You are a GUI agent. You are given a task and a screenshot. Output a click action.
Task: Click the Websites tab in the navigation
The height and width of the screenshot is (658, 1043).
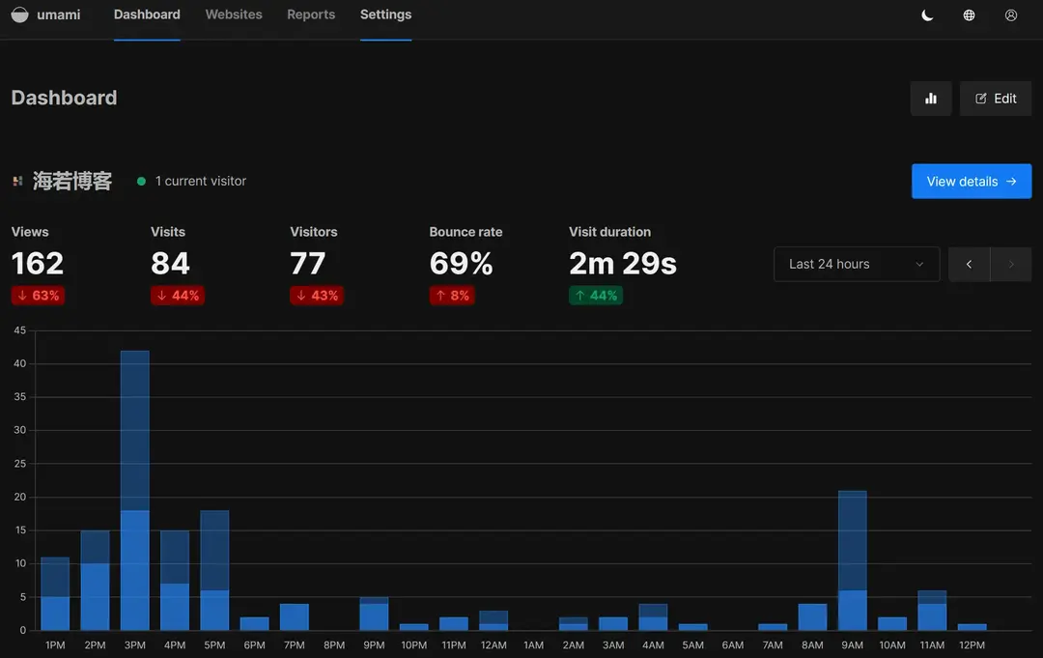coord(234,14)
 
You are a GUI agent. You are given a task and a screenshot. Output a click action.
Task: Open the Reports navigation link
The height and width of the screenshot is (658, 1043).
coord(311,14)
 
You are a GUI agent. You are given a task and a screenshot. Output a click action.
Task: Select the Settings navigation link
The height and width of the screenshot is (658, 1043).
coord(385,14)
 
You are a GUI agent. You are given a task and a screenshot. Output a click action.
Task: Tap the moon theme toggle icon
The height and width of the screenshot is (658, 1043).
coord(927,15)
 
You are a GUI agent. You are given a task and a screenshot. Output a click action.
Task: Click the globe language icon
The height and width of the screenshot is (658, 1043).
coord(969,15)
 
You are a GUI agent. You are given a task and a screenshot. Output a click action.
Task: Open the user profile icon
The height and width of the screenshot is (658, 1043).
coord(1011,15)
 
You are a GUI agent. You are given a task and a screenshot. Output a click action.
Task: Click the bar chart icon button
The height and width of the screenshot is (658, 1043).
coord(931,99)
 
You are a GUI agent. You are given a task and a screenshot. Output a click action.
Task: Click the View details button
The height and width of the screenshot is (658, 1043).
coord(972,182)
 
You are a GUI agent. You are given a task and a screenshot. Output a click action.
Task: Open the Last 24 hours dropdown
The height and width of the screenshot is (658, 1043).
coord(857,264)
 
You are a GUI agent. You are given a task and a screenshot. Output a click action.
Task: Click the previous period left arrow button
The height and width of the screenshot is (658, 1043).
coord(970,264)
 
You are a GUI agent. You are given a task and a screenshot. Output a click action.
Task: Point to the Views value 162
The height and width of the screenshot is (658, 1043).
coord(38,263)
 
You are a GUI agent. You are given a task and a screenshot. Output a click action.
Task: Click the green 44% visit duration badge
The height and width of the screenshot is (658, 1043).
coord(596,296)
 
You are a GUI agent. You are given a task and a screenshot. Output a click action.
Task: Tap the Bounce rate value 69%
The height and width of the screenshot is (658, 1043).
coord(462,263)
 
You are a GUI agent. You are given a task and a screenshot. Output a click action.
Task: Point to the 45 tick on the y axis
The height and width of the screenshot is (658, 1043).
coord(19,330)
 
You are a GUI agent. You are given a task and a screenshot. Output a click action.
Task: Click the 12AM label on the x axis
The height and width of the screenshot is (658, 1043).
coord(493,644)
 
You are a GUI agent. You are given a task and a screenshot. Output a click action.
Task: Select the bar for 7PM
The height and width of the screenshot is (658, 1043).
coord(295,616)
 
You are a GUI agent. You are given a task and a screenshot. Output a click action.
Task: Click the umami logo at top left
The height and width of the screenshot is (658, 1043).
coord(19,15)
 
